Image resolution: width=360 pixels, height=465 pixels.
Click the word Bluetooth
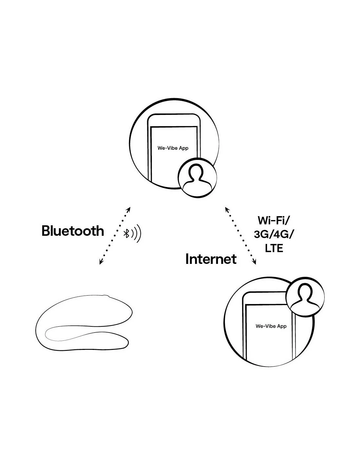73,231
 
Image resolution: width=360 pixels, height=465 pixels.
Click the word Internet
211,259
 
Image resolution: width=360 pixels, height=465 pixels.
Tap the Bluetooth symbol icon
126,233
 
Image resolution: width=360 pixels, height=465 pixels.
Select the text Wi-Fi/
274,220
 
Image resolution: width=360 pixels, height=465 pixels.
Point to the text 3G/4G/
274,234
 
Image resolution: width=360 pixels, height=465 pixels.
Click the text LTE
274,248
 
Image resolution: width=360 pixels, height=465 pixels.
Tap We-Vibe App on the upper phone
173,148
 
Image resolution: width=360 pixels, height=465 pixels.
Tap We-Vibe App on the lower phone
271,326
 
